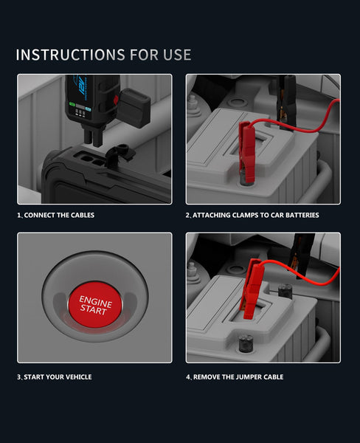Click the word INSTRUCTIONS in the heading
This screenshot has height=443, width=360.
70,55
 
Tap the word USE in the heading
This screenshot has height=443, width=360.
177,55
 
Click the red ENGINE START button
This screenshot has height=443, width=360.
95,304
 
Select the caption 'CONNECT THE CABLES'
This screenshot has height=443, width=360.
59,215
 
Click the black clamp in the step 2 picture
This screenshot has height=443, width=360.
286,102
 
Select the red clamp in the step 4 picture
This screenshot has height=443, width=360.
253,288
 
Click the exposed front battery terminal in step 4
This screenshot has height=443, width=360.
246,343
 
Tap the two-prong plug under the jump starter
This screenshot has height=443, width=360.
94,136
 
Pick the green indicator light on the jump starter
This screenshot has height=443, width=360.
72,105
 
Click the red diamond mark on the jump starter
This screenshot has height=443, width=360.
116,100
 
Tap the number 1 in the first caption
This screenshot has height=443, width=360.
18,215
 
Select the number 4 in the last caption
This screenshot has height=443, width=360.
188,377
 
